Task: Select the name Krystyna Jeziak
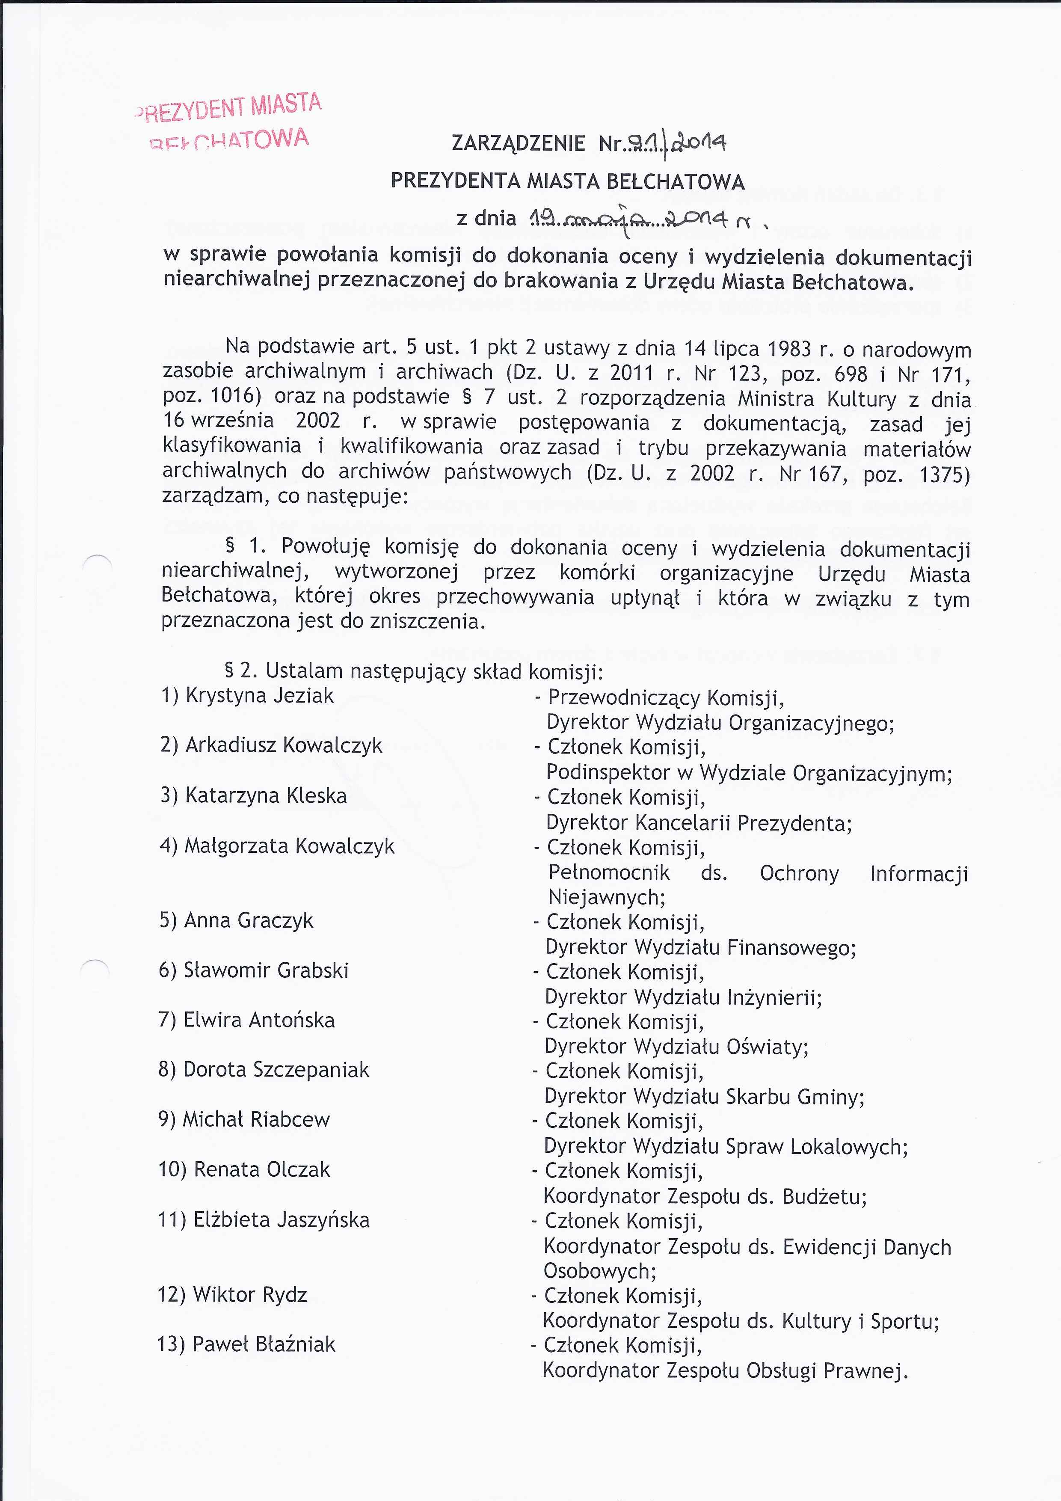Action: coord(260,696)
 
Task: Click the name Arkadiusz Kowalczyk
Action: coord(284,745)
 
